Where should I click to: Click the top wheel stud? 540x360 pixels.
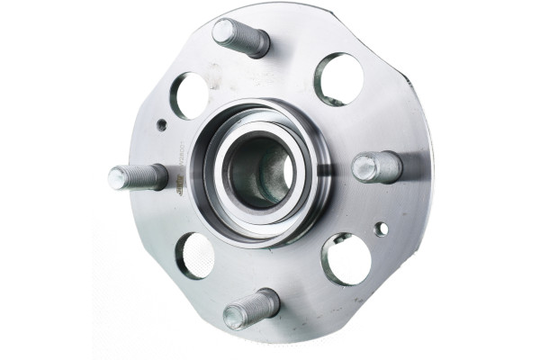(240, 37)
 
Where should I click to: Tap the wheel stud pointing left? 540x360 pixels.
(138, 176)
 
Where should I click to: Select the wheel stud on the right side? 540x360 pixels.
(377, 166)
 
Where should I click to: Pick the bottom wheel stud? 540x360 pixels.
(251, 309)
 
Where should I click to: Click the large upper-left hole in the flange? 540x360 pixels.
(190, 95)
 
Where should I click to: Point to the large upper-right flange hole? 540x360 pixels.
(338, 78)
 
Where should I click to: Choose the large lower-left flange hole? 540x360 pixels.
(195, 255)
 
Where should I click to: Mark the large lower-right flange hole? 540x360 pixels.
(346, 259)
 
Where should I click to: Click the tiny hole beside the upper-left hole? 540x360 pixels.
(161, 125)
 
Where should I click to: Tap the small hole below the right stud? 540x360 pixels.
(382, 229)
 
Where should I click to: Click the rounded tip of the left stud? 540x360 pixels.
(116, 178)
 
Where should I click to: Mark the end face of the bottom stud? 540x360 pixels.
(235, 317)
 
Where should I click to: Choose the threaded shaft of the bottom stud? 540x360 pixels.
(261, 303)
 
